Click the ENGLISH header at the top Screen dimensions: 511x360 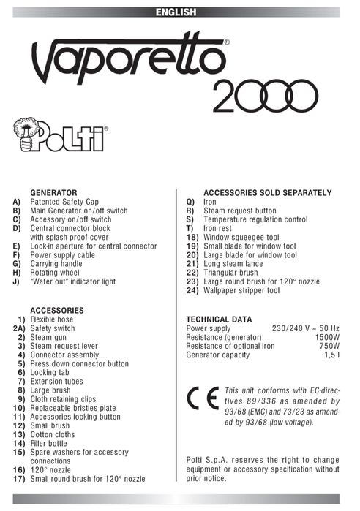click(176, 12)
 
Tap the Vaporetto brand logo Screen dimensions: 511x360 click(129, 63)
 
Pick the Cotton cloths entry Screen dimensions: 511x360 click(52, 434)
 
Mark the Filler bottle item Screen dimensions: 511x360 click(50, 443)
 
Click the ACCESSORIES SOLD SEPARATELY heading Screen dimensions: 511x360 click(267, 192)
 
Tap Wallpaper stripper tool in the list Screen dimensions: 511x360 click(241, 290)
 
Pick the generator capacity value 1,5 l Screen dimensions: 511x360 click(330, 355)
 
